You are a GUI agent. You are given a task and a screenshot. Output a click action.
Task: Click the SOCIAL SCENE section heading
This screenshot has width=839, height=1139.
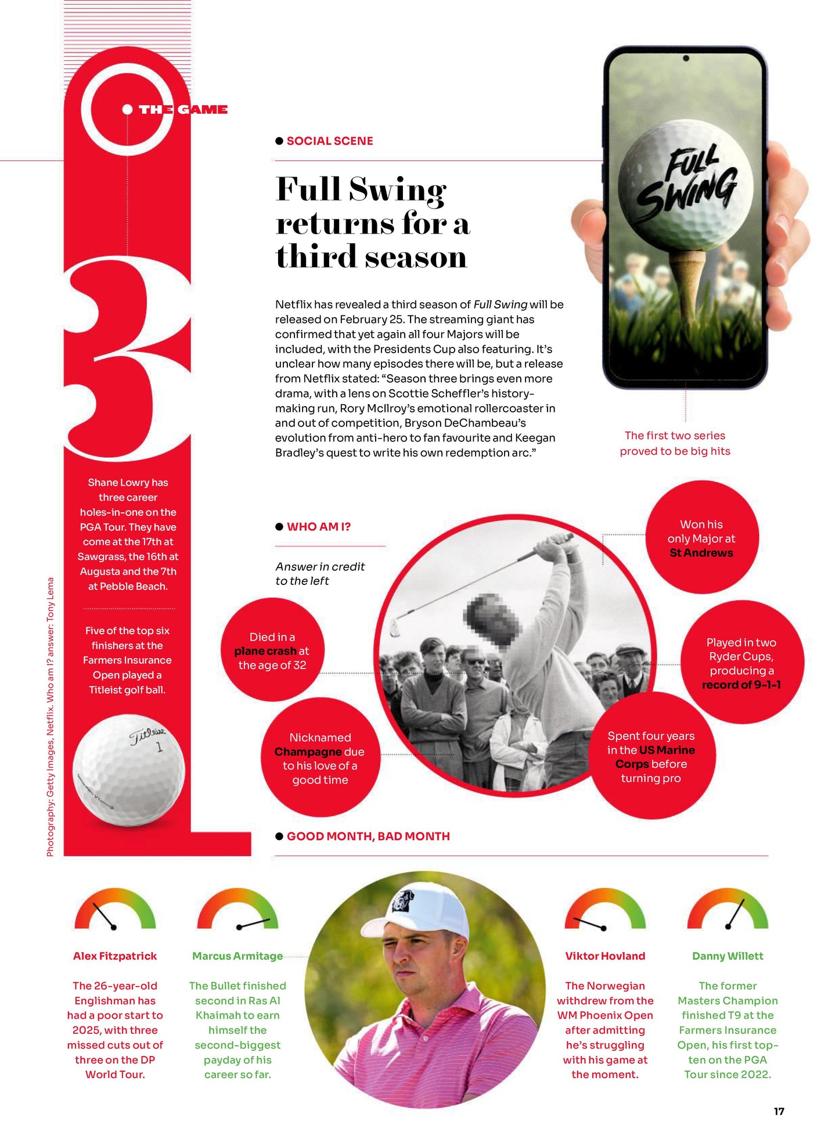329,141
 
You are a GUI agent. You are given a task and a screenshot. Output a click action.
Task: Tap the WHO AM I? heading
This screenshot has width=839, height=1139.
318,527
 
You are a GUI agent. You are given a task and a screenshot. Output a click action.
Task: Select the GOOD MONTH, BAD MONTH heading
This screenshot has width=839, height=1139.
368,836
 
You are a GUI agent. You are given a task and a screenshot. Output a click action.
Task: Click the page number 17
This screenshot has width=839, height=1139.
779,1111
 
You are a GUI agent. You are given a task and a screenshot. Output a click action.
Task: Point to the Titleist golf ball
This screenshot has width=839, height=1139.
128,770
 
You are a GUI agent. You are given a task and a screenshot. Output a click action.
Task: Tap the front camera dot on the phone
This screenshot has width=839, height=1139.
686,59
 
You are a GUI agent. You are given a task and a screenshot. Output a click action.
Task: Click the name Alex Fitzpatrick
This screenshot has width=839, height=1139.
115,956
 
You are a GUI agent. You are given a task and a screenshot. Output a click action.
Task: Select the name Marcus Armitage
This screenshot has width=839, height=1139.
237,956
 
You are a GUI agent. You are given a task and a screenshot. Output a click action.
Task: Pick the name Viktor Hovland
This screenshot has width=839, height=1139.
605,956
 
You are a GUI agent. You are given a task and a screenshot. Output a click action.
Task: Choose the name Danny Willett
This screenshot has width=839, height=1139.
728,956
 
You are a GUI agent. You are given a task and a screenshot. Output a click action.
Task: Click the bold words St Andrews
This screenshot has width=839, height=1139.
701,553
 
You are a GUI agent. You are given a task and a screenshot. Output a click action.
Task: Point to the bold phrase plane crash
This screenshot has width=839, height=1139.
265,651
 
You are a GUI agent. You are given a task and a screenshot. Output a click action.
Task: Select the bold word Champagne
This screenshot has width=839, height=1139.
308,752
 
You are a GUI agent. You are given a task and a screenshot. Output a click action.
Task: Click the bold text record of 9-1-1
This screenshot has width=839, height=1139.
741,685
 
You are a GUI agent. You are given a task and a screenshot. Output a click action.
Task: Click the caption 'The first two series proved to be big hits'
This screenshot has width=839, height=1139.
675,443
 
